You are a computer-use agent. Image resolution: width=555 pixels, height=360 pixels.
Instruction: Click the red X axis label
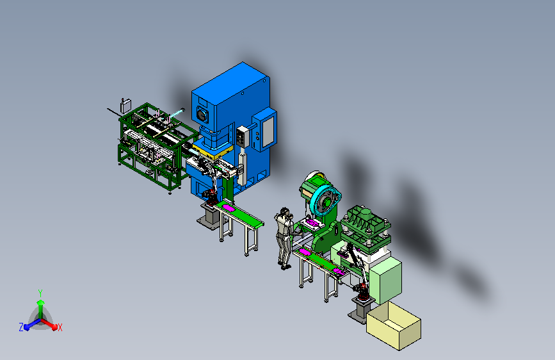[x=60, y=328]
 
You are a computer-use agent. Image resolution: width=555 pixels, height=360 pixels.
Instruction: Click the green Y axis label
[x=40, y=293]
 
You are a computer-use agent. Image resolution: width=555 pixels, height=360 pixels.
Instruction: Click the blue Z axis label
[x=21, y=327]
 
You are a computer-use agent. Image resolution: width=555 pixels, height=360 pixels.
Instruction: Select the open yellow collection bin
[x=394, y=325]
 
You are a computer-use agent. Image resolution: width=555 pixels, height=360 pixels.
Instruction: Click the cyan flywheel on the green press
[x=325, y=201]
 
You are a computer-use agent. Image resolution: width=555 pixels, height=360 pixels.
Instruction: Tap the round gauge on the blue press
[x=202, y=115]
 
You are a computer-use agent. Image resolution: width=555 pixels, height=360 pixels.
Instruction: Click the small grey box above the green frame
[x=125, y=106]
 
